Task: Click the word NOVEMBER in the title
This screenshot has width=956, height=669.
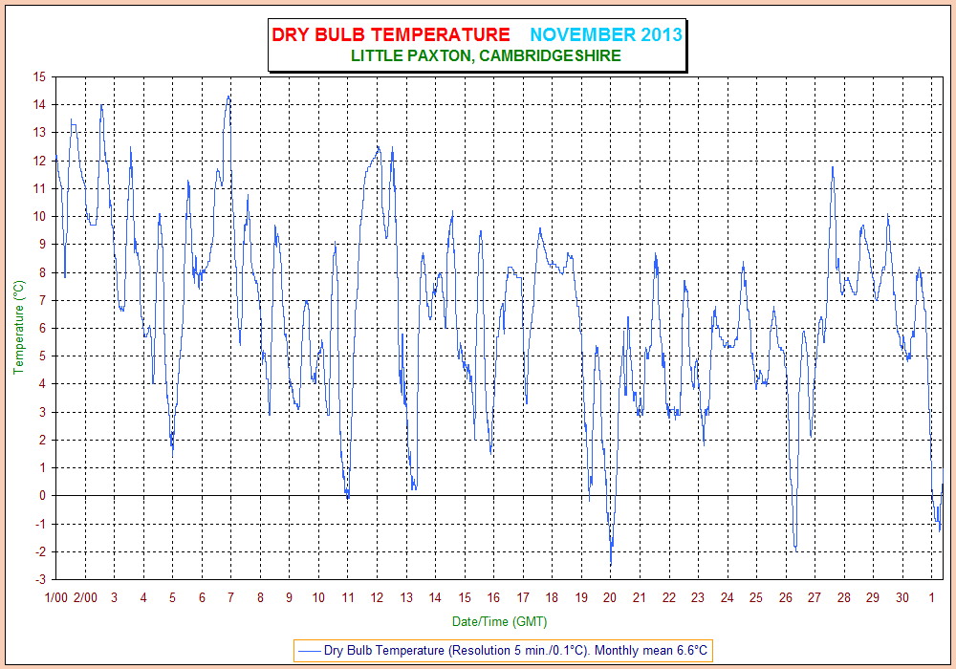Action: pyautogui.click(x=583, y=34)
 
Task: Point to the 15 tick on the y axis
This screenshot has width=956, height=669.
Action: pyautogui.click(x=39, y=76)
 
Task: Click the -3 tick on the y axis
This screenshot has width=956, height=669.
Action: pyautogui.click(x=40, y=579)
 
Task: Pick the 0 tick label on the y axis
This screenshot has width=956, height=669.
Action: pyautogui.click(x=43, y=495)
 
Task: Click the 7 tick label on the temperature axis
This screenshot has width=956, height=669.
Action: pyautogui.click(x=43, y=300)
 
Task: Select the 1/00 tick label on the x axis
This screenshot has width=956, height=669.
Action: pyautogui.click(x=56, y=597)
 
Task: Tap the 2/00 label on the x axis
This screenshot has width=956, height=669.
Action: pyautogui.click(x=85, y=597)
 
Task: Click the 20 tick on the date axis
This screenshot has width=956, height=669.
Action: pyautogui.click(x=610, y=597)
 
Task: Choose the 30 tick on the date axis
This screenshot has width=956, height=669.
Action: pyautogui.click(x=902, y=597)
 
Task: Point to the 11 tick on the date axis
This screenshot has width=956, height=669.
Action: pyautogui.click(x=348, y=597)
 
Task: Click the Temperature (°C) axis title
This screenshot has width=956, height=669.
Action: pyautogui.click(x=19, y=327)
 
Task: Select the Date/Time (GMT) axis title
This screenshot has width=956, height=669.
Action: pyautogui.click(x=499, y=621)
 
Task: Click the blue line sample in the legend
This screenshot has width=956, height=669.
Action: pyautogui.click(x=309, y=651)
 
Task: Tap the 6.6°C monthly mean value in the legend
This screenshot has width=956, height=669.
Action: pyautogui.click(x=692, y=650)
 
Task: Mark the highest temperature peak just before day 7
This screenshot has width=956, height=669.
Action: pyautogui.click(x=228, y=96)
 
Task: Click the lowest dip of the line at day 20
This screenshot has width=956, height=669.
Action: pyautogui.click(x=611, y=564)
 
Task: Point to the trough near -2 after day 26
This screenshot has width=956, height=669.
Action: pyautogui.click(x=795, y=550)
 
